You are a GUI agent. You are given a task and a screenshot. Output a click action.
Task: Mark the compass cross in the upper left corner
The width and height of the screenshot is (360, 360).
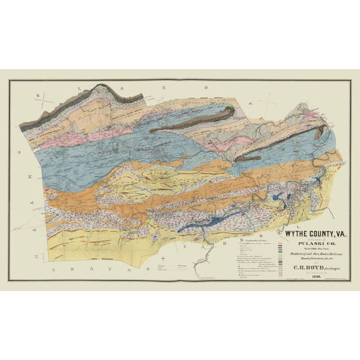coord(42,99)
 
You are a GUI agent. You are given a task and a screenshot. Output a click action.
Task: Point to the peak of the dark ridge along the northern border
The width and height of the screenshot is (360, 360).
coord(102,86)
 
